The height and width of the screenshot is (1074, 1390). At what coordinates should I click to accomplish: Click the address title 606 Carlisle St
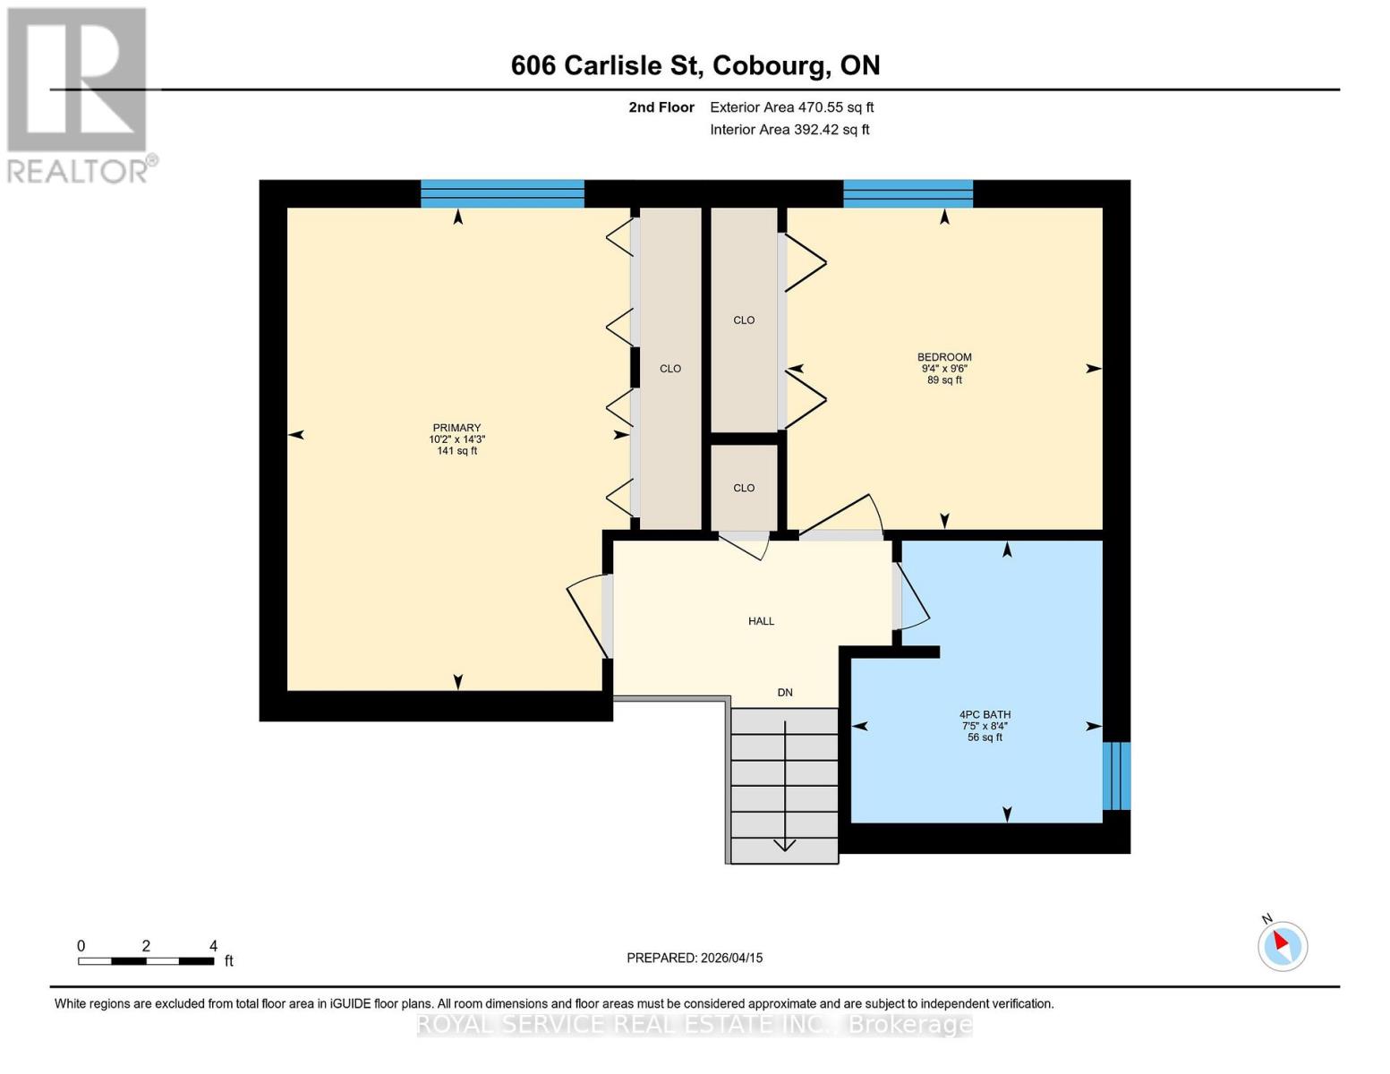[695, 65]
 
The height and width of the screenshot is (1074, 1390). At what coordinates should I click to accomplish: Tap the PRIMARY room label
[456, 428]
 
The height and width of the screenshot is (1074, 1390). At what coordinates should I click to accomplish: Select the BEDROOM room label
[943, 357]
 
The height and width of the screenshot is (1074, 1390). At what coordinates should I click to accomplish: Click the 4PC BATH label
[985, 715]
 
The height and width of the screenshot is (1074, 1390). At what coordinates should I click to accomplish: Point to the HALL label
[761, 621]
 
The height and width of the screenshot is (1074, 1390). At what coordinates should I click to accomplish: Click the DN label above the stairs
[785, 693]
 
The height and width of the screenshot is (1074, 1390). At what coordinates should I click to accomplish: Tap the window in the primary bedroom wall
[502, 193]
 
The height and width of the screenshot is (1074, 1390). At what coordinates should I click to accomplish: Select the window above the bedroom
[908, 193]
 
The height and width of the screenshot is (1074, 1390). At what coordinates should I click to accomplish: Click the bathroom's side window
[1116, 775]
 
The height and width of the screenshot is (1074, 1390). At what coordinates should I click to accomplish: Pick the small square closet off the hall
[744, 488]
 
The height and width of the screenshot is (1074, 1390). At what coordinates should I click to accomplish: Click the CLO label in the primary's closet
[670, 369]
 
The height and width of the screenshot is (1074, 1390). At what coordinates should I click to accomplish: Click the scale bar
[146, 961]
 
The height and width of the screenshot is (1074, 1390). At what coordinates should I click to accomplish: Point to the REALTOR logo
[78, 94]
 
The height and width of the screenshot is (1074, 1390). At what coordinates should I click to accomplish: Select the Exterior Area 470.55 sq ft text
[791, 107]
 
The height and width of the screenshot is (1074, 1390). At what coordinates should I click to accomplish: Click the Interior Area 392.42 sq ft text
[789, 130]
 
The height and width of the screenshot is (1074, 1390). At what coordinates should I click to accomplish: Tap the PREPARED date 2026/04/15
[695, 958]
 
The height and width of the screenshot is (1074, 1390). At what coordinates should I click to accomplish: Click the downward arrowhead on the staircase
[785, 845]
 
